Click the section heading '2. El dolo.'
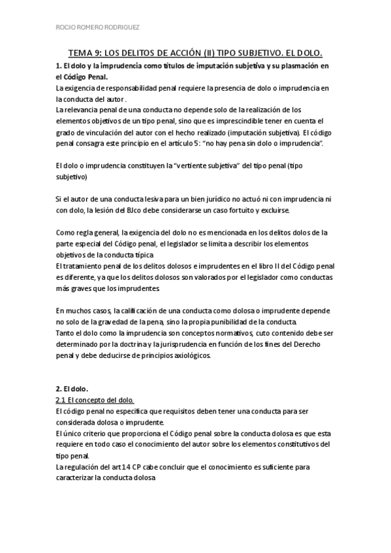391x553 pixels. tap(73, 389)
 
